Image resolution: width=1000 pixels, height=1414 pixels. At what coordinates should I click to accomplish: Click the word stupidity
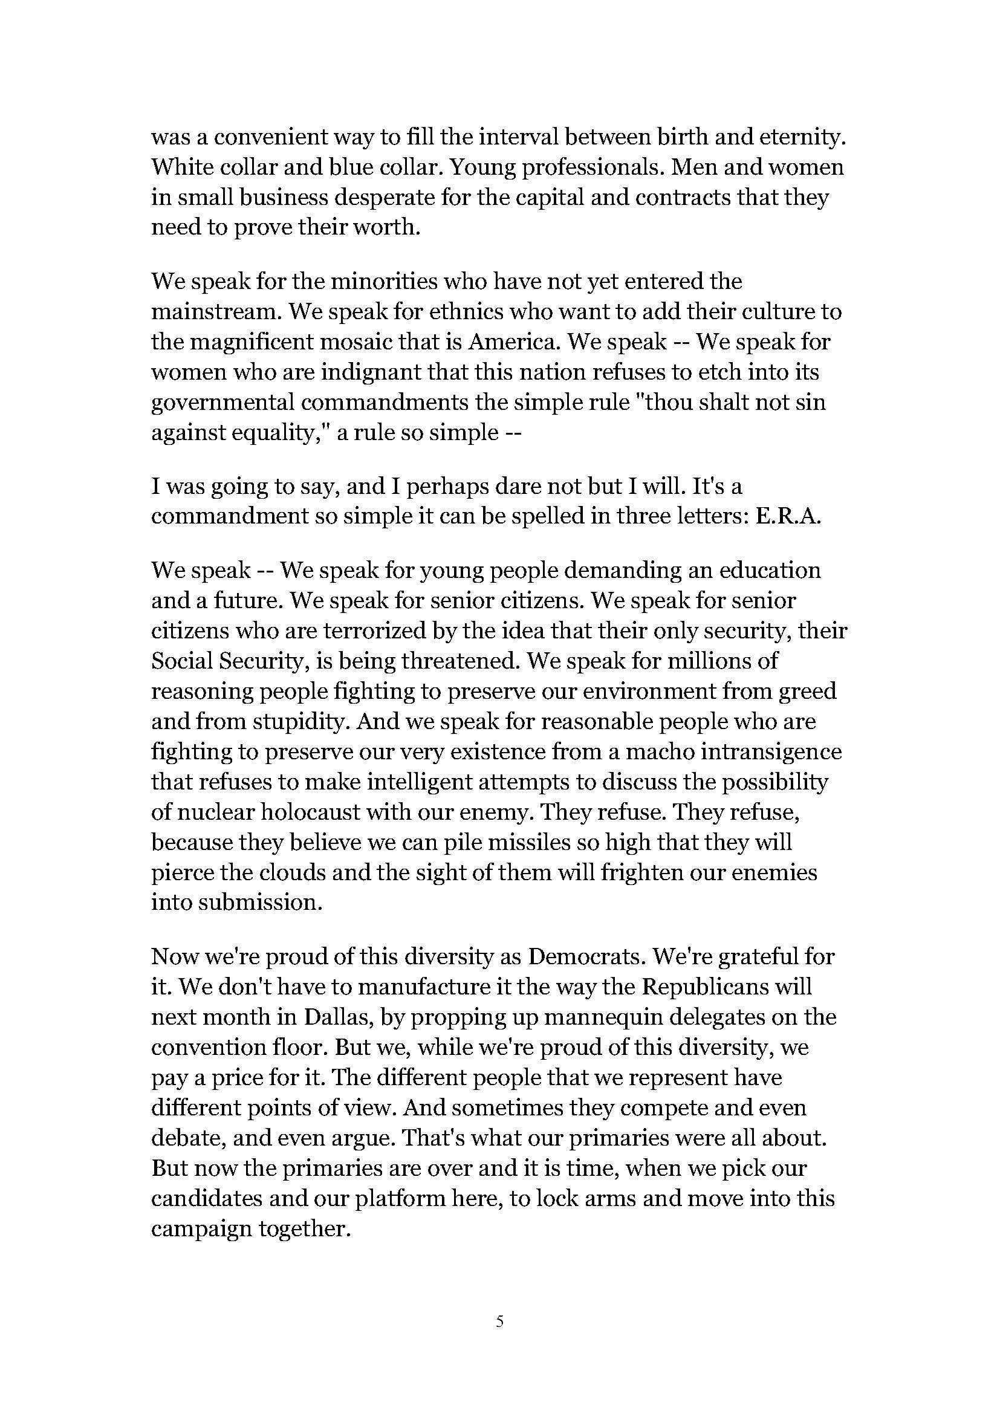tap(287, 721)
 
